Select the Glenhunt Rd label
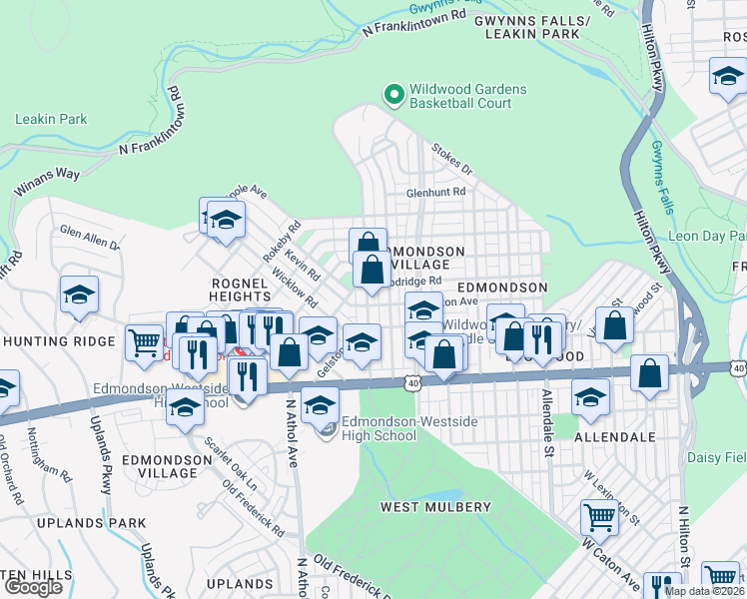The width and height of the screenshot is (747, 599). [435, 192]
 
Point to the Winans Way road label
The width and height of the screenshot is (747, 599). [46, 181]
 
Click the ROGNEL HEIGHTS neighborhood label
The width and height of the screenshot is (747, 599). [240, 290]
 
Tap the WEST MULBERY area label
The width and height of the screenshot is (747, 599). [431, 507]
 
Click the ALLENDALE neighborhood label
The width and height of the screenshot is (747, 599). [615, 437]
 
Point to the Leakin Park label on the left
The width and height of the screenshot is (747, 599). [51, 120]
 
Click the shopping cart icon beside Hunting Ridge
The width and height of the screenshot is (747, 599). [145, 342]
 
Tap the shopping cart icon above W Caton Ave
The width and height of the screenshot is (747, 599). [599, 516]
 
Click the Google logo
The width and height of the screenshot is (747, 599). [33, 587]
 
